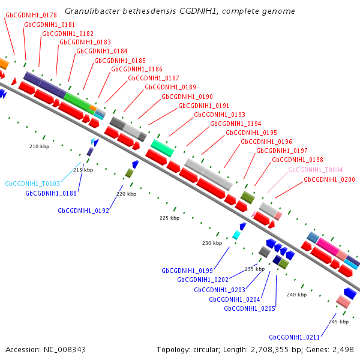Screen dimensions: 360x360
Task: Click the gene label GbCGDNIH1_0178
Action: click(x=31, y=15)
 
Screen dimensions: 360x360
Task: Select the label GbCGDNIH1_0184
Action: click(x=102, y=51)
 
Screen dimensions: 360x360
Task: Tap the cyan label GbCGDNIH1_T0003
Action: click(x=32, y=184)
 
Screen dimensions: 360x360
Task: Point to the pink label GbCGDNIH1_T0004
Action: click(x=315, y=170)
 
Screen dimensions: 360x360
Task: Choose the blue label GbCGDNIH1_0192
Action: click(x=83, y=211)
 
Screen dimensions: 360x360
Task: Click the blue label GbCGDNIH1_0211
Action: click(x=295, y=337)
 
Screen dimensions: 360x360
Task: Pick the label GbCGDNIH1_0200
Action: click(x=329, y=179)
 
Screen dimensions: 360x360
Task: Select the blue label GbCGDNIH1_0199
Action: click(x=187, y=271)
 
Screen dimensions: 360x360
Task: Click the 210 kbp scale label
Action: click(x=39, y=146)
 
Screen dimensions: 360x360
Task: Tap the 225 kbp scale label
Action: click(x=169, y=218)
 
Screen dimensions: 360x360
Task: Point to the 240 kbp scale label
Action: click(x=296, y=295)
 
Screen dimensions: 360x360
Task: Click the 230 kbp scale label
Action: click(x=212, y=243)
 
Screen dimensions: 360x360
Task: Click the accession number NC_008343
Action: click(x=65, y=350)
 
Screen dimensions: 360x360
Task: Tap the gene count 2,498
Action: click(x=343, y=350)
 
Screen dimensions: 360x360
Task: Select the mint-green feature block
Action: click(x=163, y=148)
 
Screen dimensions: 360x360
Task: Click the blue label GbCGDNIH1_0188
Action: click(x=51, y=193)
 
